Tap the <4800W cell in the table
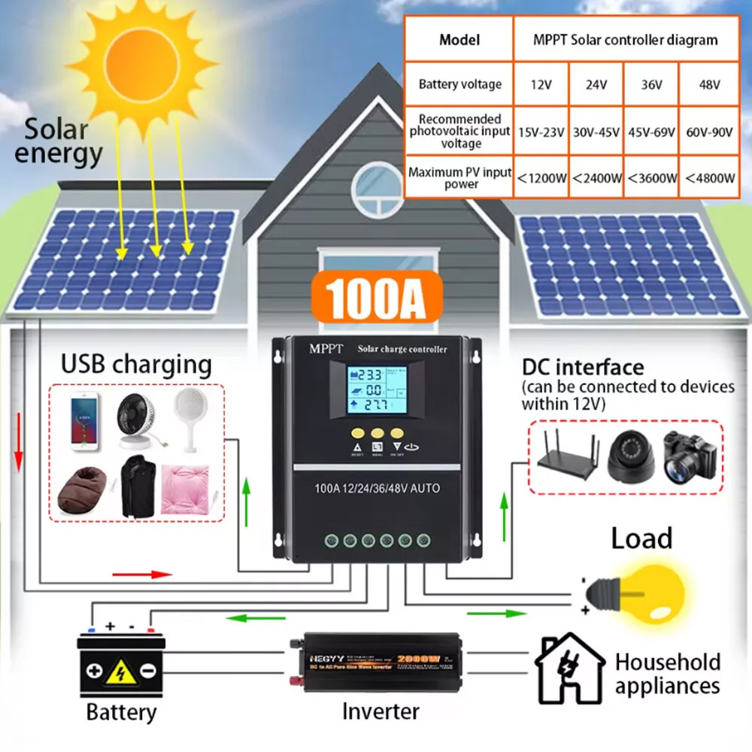tap(710, 178)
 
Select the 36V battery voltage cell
tap(651, 84)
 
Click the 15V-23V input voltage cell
tap(541, 131)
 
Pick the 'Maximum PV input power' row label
tap(459, 178)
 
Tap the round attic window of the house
tap(377, 186)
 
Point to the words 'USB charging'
tap(136, 365)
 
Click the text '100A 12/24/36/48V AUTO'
tap(377, 489)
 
